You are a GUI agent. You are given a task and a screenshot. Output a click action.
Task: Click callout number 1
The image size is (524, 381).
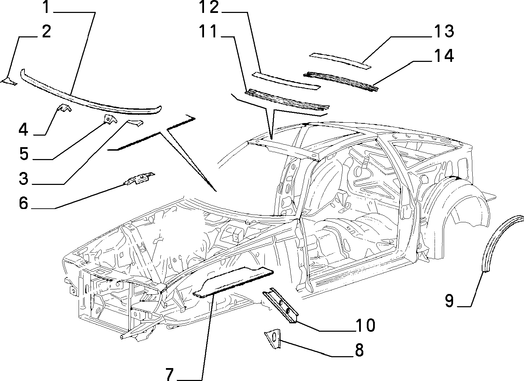click(x=46, y=7)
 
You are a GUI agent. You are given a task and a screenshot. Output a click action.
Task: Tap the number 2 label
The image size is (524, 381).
click(x=46, y=31)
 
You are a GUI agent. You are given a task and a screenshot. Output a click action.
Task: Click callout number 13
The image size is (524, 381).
click(x=444, y=31)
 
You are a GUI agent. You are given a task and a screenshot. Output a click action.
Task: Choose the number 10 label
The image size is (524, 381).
click(x=366, y=325)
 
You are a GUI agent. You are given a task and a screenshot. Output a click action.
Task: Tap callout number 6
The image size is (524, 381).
click(x=23, y=203)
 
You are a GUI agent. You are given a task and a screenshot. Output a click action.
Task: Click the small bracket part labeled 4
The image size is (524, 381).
click(x=64, y=108)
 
